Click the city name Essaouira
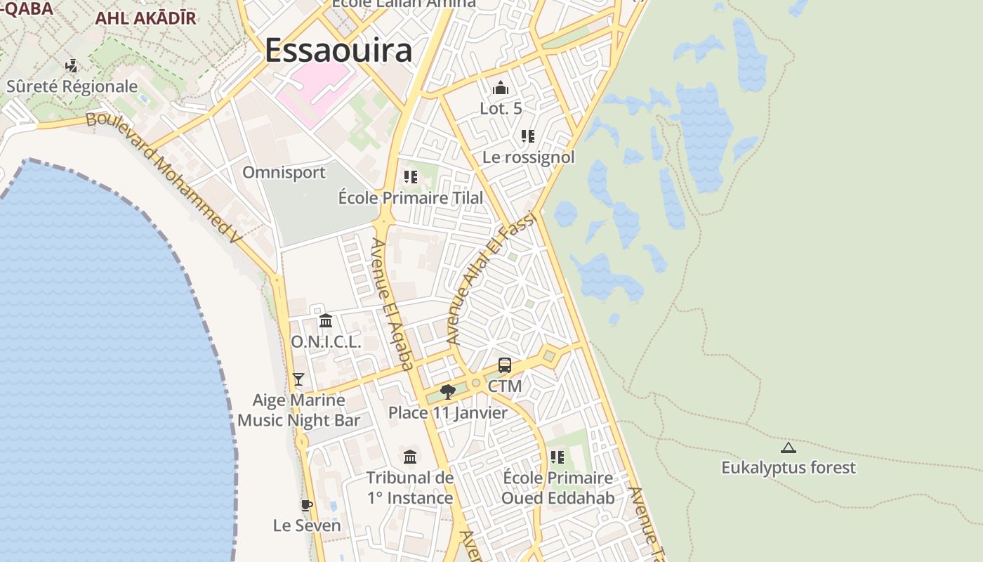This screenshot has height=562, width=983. click(338, 51)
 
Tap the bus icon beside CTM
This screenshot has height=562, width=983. click(505, 365)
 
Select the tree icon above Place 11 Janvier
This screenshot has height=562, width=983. click(447, 391)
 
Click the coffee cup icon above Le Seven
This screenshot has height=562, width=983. click(306, 505)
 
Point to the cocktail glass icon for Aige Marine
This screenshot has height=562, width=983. click(298, 379)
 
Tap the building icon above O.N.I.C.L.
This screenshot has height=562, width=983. click(326, 321)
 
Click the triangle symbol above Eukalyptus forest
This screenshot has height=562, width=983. click(789, 447)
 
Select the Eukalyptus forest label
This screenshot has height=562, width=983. click(789, 467)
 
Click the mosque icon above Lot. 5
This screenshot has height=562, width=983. click(501, 88)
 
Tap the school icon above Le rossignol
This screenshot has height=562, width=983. click(528, 136)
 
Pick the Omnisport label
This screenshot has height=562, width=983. click(284, 172)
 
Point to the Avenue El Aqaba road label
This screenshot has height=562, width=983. click(392, 303)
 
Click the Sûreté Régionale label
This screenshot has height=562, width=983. click(72, 86)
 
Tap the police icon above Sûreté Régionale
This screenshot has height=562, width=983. click(71, 66)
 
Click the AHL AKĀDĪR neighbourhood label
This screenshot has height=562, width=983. click(145, 18)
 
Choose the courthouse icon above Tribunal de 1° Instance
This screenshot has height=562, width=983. click(410, 457)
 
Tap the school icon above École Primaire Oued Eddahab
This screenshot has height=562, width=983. click(558, 457)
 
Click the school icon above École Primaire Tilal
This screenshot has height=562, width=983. click(411, 177)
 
